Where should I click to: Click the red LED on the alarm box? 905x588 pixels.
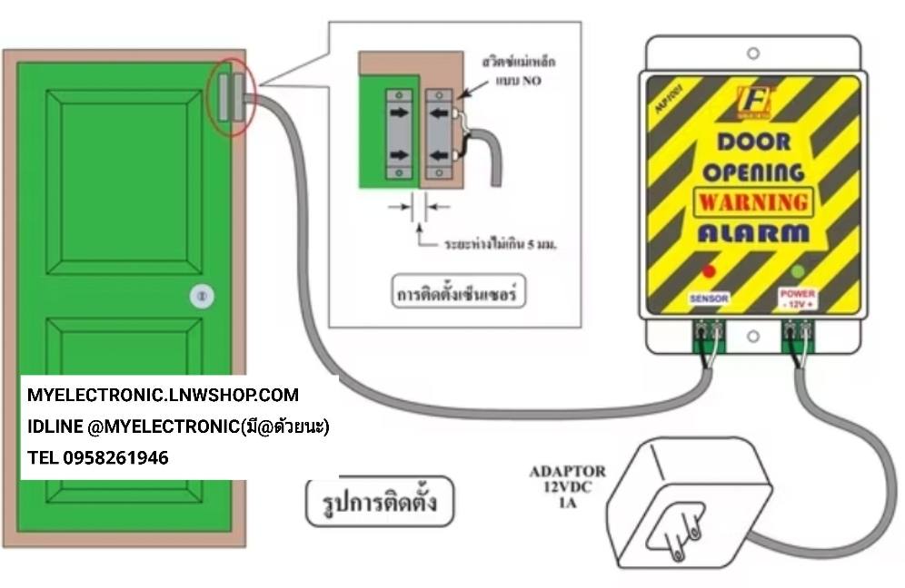pyautogui.click(x=710, y=270)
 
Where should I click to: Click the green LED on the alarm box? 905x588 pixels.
pyautogui.click(x=798, y=270)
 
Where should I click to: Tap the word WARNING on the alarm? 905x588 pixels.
pyautogui.click(x=751, y=201)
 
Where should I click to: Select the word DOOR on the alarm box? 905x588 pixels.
pyautogui.click(x=753, y=142)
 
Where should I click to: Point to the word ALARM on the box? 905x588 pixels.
pyautogui.click(x=753, y=232)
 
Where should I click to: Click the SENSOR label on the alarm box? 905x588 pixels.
pyautogui.click(x=709, y=297)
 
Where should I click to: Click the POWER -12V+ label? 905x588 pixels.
pyautogui.click(x=797, y=298)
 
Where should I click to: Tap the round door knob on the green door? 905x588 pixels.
pyautogui.click(x=203, y=295)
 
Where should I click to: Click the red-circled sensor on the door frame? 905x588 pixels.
pyautogui.click(x=232, y=96)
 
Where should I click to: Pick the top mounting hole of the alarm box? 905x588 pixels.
pyautogui.click(x=752, y=54)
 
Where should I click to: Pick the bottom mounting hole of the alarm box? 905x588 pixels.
pyautogui.click(x=752, y=337)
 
